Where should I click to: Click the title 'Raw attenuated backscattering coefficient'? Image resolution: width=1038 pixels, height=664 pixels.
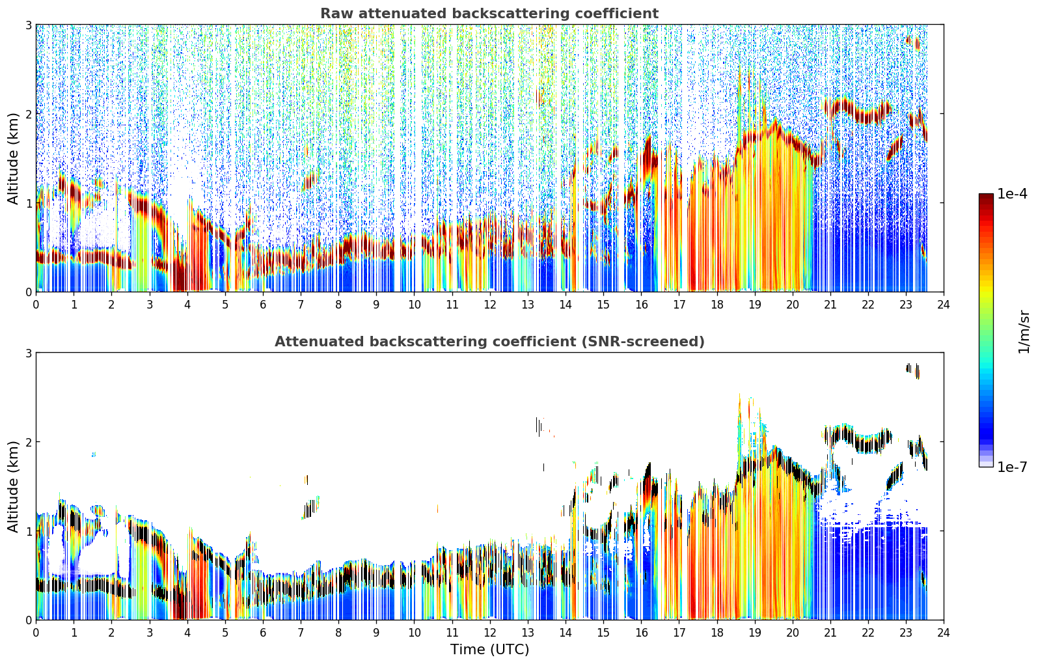pyautogui.click(x=489, y=14)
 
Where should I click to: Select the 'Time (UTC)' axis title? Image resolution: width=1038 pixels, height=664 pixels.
pyautogui.click(x=489, y=649)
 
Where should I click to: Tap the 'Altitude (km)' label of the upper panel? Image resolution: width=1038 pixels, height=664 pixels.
pyautogui.click(x=13, y=159)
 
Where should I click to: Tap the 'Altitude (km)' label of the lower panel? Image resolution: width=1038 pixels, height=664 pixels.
pyautogui.click(x=13, y=486)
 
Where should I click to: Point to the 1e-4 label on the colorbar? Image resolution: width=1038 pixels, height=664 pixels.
pyautogui.click(x=1012, y=194)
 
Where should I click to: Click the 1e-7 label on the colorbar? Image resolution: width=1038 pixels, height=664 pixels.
pyautogui.click(x=1012, y=467)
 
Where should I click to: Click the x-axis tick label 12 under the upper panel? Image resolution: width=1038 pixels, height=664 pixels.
pyautogui.click(x=490, y=305)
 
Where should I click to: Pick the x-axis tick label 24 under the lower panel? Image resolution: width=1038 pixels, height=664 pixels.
pyautogui.click(x=944, y=633)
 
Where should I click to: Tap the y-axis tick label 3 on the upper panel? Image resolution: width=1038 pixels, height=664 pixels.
pyautogui.click(x=28, y=25)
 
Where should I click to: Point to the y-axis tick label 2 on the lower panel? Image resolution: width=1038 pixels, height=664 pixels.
pyautogui.click(x=28, y=442)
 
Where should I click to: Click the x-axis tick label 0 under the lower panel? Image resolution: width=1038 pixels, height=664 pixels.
pyautogui.click(x=36, y=633)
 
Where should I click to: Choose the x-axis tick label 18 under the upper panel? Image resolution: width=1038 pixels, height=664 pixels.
pyautogui.click(x=717, y=305)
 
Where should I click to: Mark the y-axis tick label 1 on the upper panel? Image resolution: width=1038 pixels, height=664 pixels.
pyautogui.click(x=28, y=203)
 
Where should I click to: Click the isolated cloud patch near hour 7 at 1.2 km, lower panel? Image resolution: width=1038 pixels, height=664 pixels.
pyautogui.click(x=310, y=508)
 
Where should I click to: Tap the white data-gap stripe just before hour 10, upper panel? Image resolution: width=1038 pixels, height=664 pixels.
pyautogui.click(x=397, y=158)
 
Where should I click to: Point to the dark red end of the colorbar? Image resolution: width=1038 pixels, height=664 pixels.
pyautogui.click(x=986, y=197)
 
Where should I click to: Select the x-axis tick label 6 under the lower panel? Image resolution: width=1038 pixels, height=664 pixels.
pyautogui.click(x=263, y=633)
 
